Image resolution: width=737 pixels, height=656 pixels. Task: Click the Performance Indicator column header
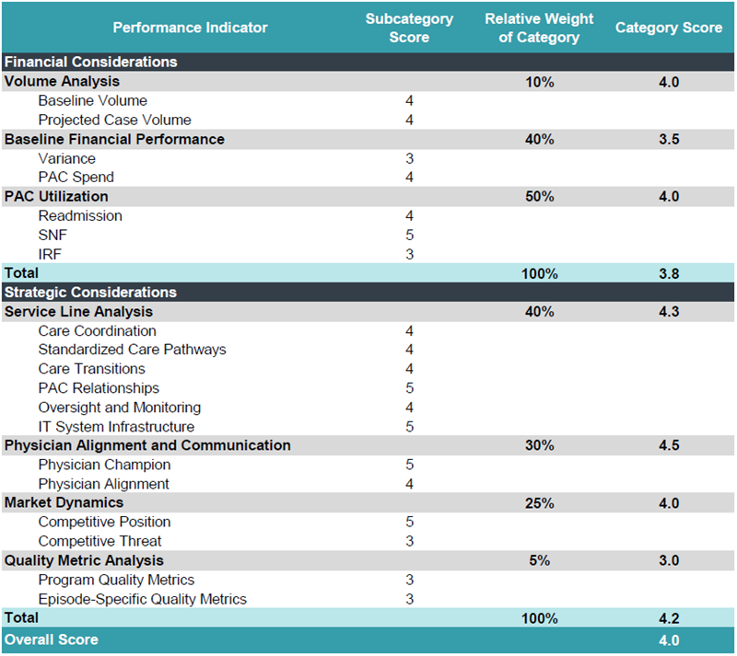click(190, 28)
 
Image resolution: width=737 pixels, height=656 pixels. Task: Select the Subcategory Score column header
click(409, 28)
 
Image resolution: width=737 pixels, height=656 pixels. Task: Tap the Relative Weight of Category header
click(539, 28)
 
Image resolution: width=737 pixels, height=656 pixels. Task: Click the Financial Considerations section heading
click(90, 62)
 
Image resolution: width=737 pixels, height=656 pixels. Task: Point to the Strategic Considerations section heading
click(90, 292)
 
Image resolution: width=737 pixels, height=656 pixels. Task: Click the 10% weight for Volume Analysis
click(540, 82)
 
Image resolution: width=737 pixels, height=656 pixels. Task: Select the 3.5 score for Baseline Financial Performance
click(669, 140)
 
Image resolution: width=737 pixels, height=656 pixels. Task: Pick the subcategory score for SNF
click(409, 235)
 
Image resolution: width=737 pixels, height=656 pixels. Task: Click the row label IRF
click(50, 255)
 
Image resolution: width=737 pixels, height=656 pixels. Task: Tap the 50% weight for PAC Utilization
click(540, 196)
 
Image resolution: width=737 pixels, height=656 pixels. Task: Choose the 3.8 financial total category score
click(669, 273)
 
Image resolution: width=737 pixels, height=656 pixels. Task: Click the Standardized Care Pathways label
click(132, 350)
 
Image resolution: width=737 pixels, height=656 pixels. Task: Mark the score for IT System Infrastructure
click(409, 426)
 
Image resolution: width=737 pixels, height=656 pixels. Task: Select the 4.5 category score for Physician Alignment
click(669, 445)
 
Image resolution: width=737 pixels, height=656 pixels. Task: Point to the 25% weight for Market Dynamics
click(540, 503)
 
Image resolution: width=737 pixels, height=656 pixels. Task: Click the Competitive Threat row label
click(99, 541)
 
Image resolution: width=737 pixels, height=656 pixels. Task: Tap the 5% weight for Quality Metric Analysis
click(540, 560)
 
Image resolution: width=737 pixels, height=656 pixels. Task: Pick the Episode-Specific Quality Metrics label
click(143, 599)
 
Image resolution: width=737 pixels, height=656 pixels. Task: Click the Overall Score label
click(52, 639)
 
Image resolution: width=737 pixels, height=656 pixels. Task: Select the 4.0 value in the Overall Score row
click(669, 640)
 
